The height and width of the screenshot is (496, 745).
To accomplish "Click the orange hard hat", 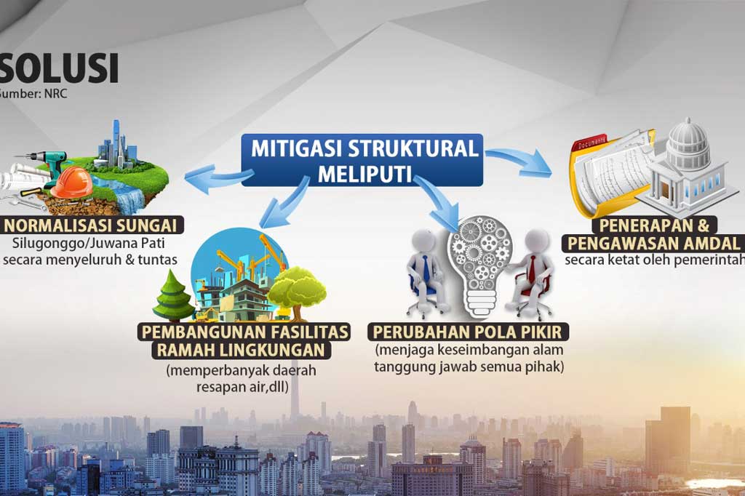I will point(71,183).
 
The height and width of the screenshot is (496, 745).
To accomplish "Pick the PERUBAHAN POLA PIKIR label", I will point(469,332).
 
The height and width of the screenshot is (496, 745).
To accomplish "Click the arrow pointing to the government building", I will point(519,161).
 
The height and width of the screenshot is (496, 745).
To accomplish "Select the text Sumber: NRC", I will point(33,94).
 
